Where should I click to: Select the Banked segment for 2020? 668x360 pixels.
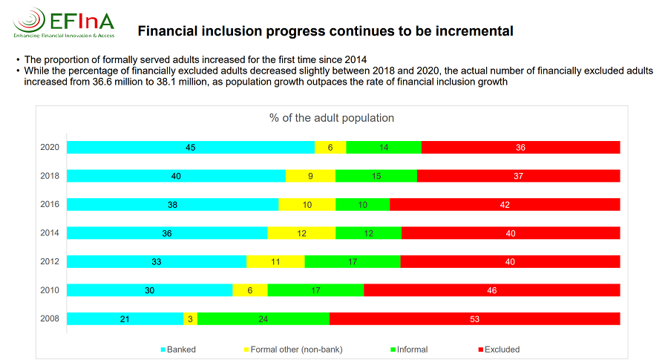(190, 148)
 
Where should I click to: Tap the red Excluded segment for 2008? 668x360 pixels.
(474, 318)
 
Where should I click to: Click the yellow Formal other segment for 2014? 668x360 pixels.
(301, 233)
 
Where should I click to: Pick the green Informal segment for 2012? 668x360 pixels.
(353, 261)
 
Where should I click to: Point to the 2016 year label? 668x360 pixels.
(50, 204)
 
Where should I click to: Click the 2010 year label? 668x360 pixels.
(50, 290)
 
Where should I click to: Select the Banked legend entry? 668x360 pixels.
(177, 349)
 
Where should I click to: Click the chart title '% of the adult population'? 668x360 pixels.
(331, 118)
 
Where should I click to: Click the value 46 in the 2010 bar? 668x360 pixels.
(491, 290)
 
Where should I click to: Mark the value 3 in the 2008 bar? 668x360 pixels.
(190, 318)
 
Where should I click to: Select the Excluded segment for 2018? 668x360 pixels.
(518, 176)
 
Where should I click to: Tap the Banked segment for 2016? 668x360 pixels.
(172, 204)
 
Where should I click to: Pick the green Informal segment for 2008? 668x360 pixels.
(263, 318)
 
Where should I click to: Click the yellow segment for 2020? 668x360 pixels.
(330, 148)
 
